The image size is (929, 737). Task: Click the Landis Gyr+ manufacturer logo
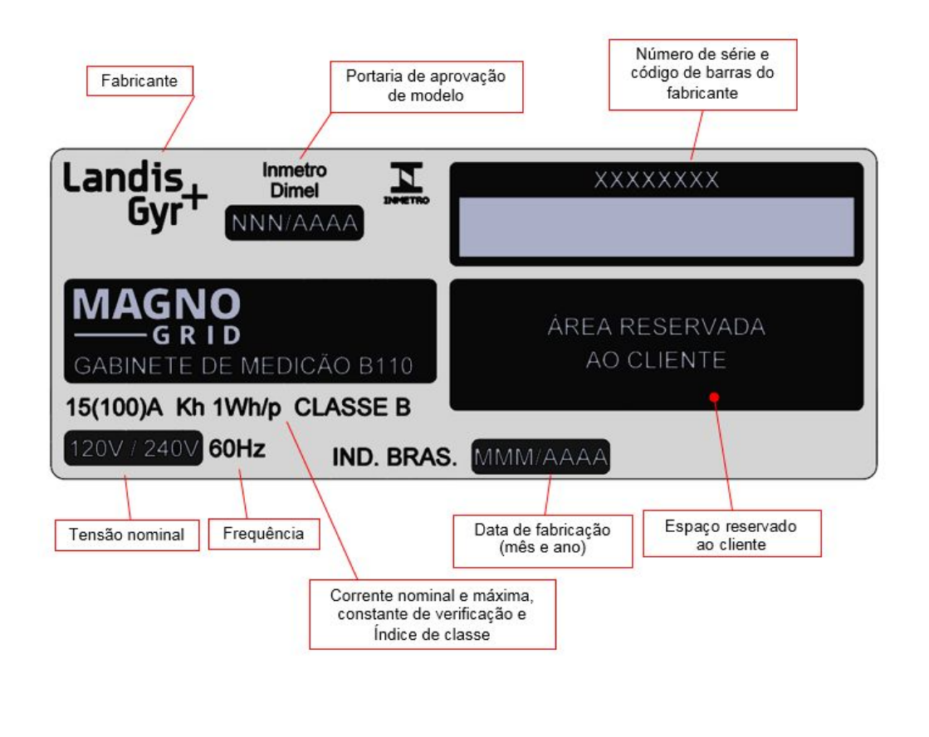click(x=135, y=196)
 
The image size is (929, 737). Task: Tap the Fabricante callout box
click(x=139, y=81)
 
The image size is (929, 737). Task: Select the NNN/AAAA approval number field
click(x=295, y=222)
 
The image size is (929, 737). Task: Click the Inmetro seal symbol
click(x=407, y=183)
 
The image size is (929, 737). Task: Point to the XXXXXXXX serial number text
click(x=657, y=179)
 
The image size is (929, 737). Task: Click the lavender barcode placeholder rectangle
click(x=657, y=227)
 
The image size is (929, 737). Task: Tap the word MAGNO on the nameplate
click(x=156, y=304)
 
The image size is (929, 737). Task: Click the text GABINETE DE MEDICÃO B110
click(x=243, y=365)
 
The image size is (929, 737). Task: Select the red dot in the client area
click(x=714, y=397)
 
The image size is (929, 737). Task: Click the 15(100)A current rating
click(x=114, y=408)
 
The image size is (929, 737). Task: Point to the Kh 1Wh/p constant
click(x=228, y=408)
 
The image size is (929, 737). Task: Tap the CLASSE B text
click(x=353, y=407)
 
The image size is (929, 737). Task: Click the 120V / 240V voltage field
click(x=134, y=448)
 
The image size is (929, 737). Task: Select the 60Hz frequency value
click(x=237, y=448)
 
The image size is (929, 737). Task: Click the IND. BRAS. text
click(x=394, y=456)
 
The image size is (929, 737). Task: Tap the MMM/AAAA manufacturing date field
click(x=540, y=456)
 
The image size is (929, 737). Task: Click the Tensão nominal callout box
click(x=127, y=535)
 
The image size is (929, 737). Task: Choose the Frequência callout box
click(x=264, y=534)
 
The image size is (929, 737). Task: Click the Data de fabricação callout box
click(x=543, y=541)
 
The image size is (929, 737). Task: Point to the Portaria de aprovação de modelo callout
click(x=426, y=86)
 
